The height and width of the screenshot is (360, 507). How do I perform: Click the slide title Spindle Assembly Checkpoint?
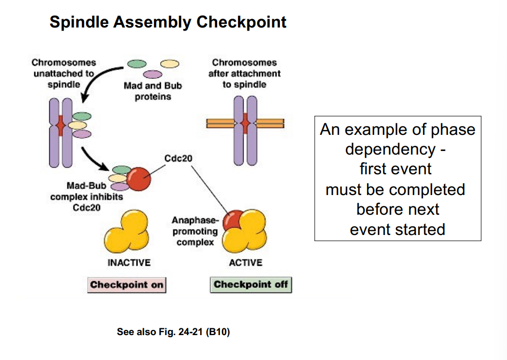(167, 22)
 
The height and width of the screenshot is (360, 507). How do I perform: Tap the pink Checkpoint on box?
(126, 285)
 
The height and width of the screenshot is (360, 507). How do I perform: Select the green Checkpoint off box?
(250, 284)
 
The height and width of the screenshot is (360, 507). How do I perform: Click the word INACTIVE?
(129, 262)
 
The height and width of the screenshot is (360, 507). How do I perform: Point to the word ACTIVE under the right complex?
(245, 262)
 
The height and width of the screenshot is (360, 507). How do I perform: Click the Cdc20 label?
(178, 158)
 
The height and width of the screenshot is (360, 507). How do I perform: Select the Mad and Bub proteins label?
(153, 91)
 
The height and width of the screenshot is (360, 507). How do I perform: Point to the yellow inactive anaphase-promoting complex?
(126, 232)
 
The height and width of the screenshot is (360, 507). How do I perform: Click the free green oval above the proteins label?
(136, 64)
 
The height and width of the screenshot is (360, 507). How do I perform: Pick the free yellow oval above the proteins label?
(170, 64)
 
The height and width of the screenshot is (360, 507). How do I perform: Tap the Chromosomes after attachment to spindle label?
(245, 73)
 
